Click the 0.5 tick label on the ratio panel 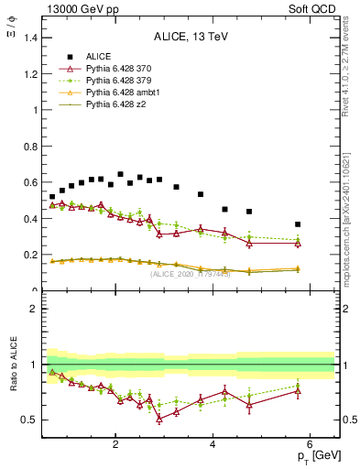pyautogui.click(x=31, y=420)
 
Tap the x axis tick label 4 pyautogui.click(x=213, y=445)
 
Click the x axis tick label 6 pyautogui.click(x=311, y=445)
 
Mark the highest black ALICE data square pyautogui.click(x=120, y=174)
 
